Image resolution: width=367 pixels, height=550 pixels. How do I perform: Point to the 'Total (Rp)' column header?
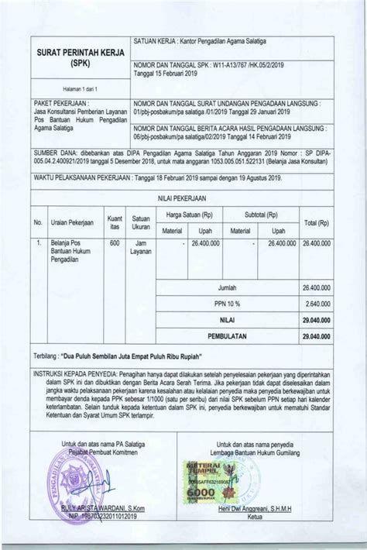317,222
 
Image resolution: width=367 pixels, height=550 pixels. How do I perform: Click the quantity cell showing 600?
115,243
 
